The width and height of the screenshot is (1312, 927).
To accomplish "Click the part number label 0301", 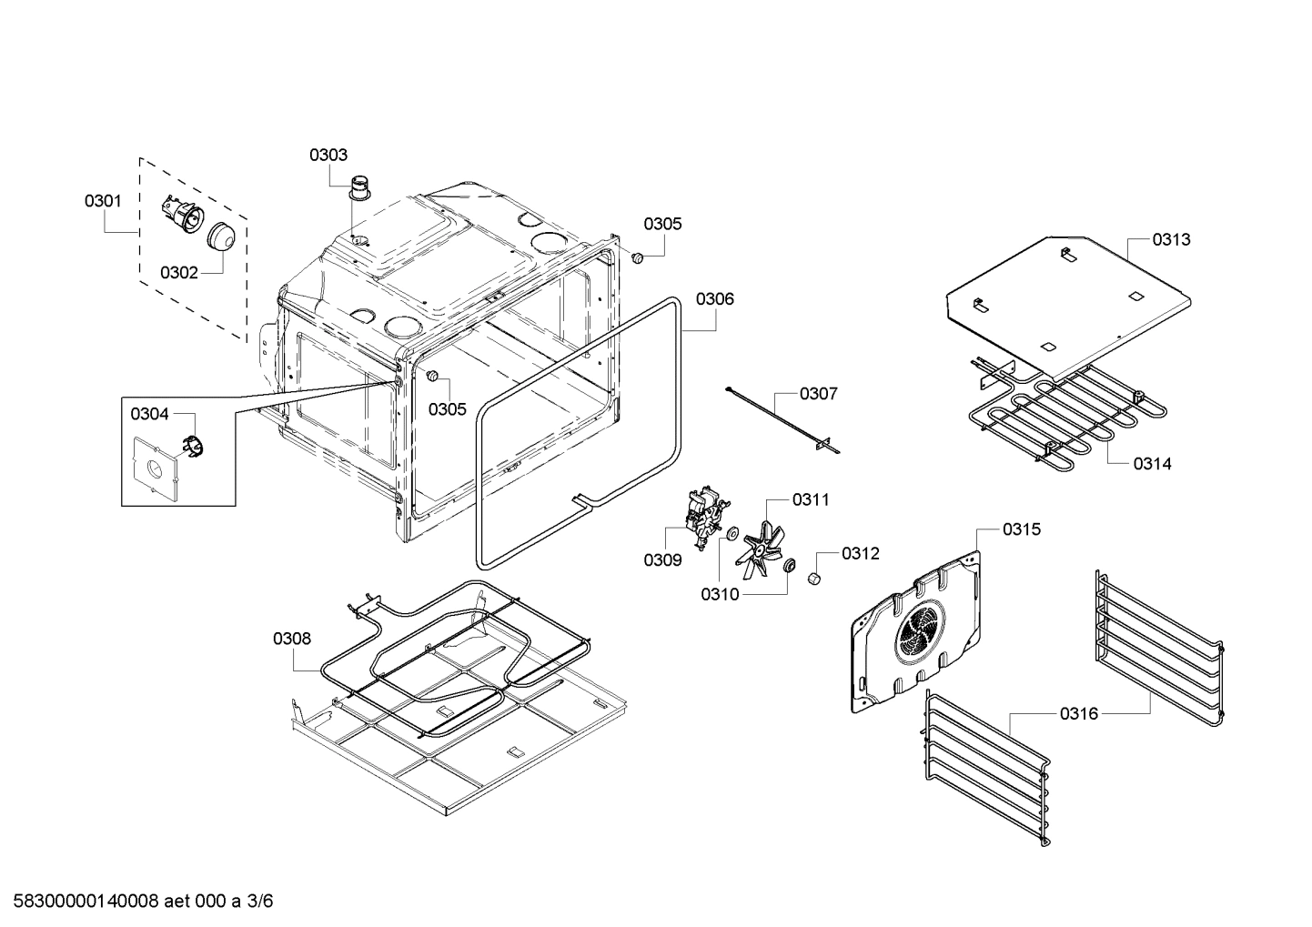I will pyautogui.click(x=103, y=200).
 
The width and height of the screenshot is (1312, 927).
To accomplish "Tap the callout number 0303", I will pyautogui.click(x=328, y=155).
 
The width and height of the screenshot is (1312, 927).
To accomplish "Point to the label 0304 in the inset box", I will pyautogui.click(x=149, y=414).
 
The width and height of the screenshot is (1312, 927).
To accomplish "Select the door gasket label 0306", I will pyautogui.click(x=715, y=298).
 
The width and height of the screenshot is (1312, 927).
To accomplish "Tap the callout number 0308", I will pyautogui.click(x=292, y=639).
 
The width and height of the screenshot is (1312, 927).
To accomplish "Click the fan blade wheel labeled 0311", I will pyautogui.click(x=762, y=551).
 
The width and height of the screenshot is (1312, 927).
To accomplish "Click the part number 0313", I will pyautogui.click(x=1171, y=239).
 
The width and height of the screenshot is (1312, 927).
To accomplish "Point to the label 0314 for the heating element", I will pyautogui.click(x=1152, y=464).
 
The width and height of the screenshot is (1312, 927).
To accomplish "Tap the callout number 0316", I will pyautogui.click(x=1078, y=714).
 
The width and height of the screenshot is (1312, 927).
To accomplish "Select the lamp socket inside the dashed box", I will pyautogui.click(x=179, y=216).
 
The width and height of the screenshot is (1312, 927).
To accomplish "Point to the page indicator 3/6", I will pyautogui.click(x=260, y=902).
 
